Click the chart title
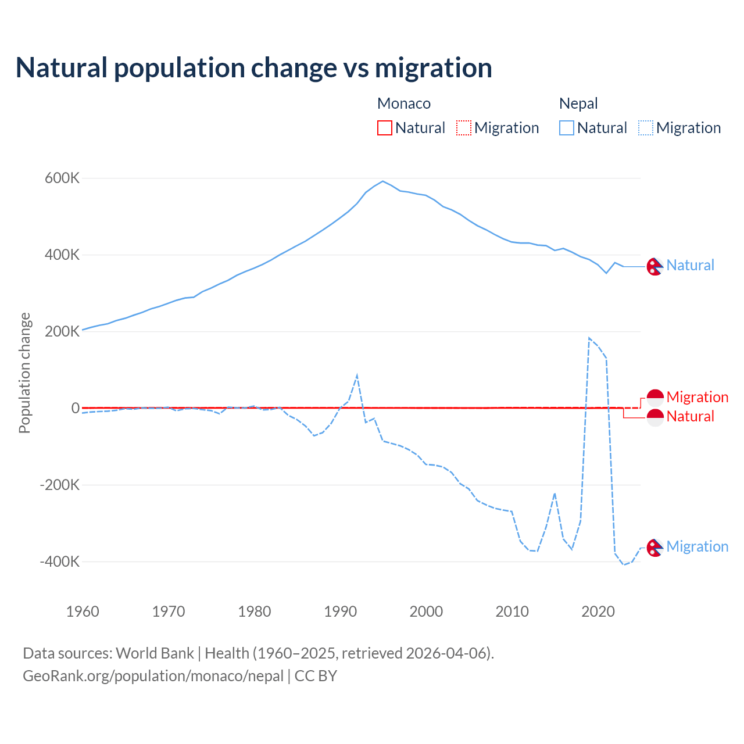(x=253, y=68)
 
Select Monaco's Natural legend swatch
(x=385, y=128)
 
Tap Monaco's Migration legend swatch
(x=464, y=128)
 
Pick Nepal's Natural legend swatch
(x=567, y=128)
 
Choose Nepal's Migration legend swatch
(x=646, y=128)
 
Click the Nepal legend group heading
(x=578, y=103)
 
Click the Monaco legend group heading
(x=404, y=103)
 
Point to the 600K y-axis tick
(x=62, y=178)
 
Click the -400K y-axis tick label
(x=60, y=561)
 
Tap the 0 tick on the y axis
(x=76, y=408)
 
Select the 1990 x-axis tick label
(x=341, y=611)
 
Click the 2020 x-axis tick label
(x=598, y=611)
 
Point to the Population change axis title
(x=24, y=373)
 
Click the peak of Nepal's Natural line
(x=382, y=181)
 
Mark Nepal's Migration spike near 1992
(x=357, y=375)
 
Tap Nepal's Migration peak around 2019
(x=589, y=338)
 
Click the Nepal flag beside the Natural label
(x=655, y=266)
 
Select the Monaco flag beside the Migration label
(x=655, y=398)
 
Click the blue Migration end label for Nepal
(x=697, y=546)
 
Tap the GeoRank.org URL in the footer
(x=153, y=676)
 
